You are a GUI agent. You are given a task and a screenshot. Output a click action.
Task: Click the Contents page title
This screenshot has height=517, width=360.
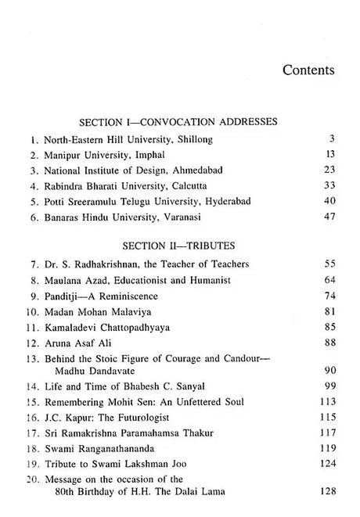(x=309, y=70)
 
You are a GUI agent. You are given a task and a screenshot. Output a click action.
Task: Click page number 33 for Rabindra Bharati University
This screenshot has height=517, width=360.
(x=330, y=189)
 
